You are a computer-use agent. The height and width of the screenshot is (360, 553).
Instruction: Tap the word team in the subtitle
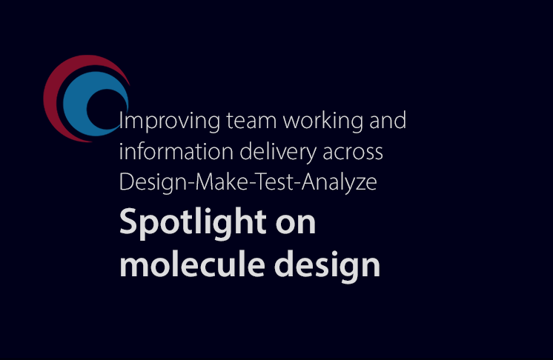pyautogui.click(x=251, y=121)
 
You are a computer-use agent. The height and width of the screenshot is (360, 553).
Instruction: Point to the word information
pyautogui.click(x=176, y=151)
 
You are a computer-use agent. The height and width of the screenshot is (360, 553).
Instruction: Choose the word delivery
pyautogui.click(x=278, y=153)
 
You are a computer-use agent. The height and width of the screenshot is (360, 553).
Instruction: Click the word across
pyautogui.click(x=353, y=153)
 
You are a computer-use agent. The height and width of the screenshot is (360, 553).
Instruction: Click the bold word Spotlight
pyautogui.click(x=193, y=223)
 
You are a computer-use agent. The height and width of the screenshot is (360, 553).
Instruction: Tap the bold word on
pyautogui.click(x=296, y=224)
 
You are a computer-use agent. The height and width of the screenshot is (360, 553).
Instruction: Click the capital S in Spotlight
pyautogui.click(x=128, y=222)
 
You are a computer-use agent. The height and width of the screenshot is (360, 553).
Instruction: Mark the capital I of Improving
pyautogui.click(x=121, y=121)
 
